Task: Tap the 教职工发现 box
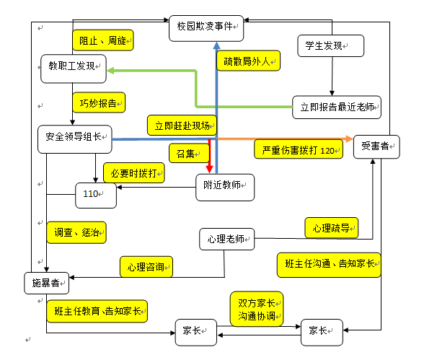(x=72, y=66)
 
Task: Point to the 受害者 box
(x=376, y=147)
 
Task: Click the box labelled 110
(x=96, y=194)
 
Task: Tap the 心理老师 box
(x=226, y=239)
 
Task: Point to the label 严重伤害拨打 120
(x=297, y=149)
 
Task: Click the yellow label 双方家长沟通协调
(x=257, y=309)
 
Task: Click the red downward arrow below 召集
(x=208, y=159)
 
